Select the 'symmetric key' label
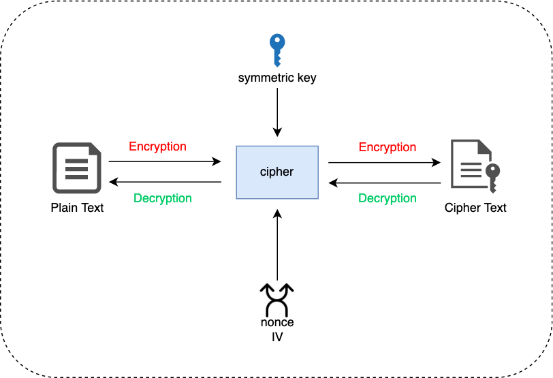pos(277,78)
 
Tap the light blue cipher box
pos(277,172)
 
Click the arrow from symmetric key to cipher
pos(277,112)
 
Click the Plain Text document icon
pos(76,168)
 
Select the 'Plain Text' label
pos(77,208)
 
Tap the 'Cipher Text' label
pos(475,208)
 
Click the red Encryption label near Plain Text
pos(157,146)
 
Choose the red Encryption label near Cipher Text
pos(388,147)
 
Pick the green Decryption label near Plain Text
pos(163,198)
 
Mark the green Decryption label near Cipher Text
pos(388,198)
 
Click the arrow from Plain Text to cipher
pos(165,162)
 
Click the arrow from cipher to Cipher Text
pos(384,163)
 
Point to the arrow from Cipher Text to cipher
pos(384,183)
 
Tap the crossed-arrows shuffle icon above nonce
pos(277,298)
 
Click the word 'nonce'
pos(277,322)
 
